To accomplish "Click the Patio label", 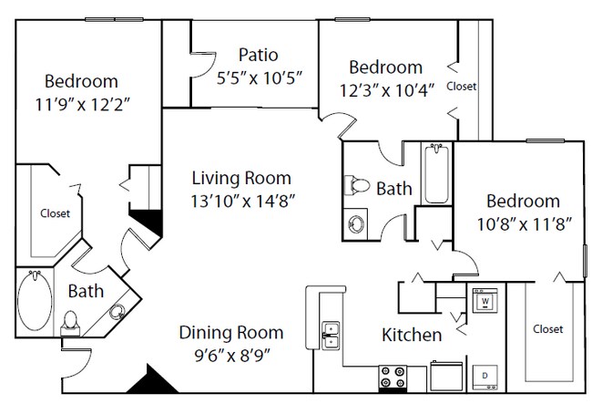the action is (259, 55).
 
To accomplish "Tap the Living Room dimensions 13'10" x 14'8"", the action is (242, 202).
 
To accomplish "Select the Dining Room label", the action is (231, 333).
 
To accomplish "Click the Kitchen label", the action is (412, 335).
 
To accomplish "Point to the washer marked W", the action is (485, 300).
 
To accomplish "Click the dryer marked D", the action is (485, 377).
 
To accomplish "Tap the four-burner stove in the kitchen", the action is (393, 377).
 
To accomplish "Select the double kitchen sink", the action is (331, 336).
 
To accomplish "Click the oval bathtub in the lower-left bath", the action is (35, 301).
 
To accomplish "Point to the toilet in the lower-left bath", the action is (70, 324).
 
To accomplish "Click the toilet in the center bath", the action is (357, 185).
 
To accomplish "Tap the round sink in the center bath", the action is (355, 223).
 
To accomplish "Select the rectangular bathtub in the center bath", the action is (437, 174).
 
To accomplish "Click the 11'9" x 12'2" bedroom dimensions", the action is (83, 105).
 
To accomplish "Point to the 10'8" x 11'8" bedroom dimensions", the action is (524, 224).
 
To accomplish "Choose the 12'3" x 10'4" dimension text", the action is (386, 90).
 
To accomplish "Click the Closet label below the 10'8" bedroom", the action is (547, 329).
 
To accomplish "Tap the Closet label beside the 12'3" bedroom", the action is (461, 87).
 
